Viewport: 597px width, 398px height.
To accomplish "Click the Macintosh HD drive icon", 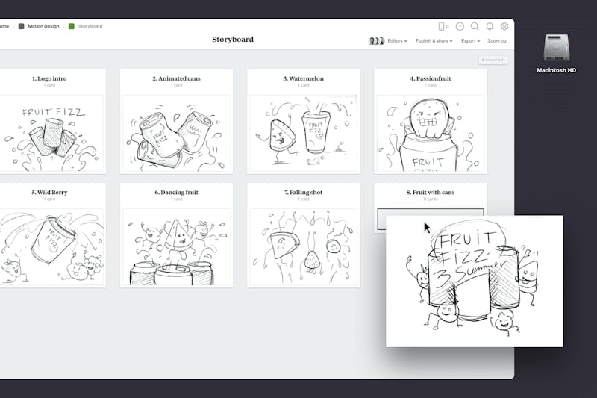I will (x=557, y=49).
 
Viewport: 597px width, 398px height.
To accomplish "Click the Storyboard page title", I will (x=232, y=40).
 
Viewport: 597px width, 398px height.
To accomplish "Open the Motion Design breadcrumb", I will (x=43, y=26).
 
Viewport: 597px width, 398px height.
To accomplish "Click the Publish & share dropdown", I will (x=434, y=41).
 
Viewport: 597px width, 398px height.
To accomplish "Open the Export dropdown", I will (x=470, y=41).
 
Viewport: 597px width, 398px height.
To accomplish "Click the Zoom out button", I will (x=498, y=41).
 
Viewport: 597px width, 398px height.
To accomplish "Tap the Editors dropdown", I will (x=397, y=41).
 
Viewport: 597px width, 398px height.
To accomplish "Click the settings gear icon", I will (x=504, y=26).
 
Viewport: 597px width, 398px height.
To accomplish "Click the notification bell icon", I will (x=490, y=26).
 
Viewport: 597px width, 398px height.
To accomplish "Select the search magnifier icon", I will (x=475, y=26).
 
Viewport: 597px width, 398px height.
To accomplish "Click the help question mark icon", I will (x=460, y=26).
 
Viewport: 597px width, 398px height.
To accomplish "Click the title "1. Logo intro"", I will (x=49, y=78).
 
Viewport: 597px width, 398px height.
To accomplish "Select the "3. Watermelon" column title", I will (x=304, y=78).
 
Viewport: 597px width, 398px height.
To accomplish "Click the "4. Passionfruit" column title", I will (x=431, y=78).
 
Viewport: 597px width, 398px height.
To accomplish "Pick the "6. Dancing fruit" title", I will (x=176, y=193).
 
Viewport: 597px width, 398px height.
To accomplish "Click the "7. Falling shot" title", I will (x=304, y=193).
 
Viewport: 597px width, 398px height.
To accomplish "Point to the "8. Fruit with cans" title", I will (x=431, y=193).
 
